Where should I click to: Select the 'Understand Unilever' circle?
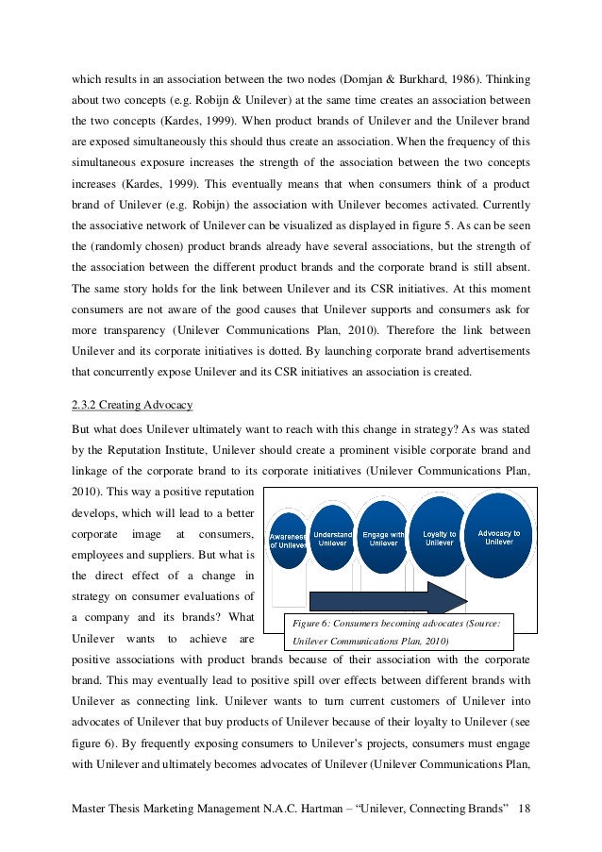[332, 538]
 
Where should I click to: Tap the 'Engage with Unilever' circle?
[383, 537]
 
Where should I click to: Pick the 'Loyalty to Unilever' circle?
[439, 537]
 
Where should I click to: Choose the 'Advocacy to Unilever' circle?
[498, 535]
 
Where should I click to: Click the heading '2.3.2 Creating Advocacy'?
[133, 405]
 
